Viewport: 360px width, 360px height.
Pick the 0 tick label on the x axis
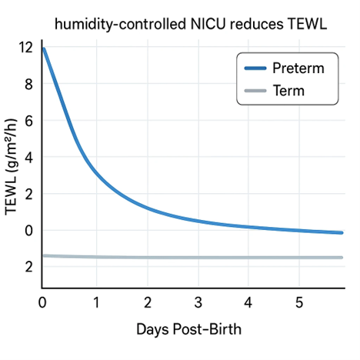43,302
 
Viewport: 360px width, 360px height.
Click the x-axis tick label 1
96,302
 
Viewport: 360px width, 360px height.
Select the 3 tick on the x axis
198,302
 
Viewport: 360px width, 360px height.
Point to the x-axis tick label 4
248,302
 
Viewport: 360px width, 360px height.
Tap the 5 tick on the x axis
299,302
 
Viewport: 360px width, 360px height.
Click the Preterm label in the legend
298,68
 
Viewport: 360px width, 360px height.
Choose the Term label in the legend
289,91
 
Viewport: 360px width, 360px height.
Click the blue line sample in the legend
255,68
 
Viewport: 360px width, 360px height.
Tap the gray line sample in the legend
255,91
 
